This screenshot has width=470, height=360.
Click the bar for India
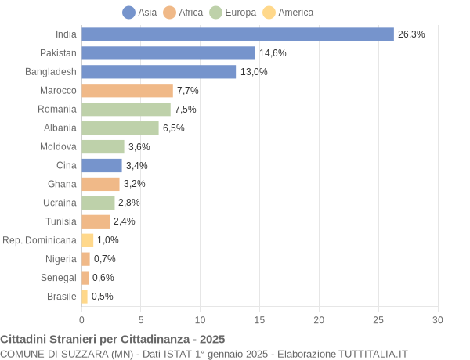(237, 34)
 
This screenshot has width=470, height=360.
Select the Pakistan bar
(168, 53)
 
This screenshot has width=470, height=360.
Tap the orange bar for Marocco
(127, 91)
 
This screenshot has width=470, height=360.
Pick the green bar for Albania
(120, 128)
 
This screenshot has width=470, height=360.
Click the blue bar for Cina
(102, 165)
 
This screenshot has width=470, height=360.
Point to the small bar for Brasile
(85, 297)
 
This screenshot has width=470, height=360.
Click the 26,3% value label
(411, 34)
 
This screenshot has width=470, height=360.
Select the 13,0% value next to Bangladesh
(254, 72)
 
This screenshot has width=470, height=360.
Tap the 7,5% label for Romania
(186, 110)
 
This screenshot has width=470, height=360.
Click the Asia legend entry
(139, 13)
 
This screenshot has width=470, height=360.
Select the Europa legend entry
(233, 13)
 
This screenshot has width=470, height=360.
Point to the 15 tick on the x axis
(259, 319)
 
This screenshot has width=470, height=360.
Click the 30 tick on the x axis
(437, 319)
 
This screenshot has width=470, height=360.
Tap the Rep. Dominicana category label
(40, 240)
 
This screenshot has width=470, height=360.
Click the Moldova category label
(58, 146)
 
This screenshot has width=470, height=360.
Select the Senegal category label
(59, 278)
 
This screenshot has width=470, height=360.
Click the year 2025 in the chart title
(211, 339)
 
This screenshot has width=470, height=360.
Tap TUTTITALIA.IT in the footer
(373, 354)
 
